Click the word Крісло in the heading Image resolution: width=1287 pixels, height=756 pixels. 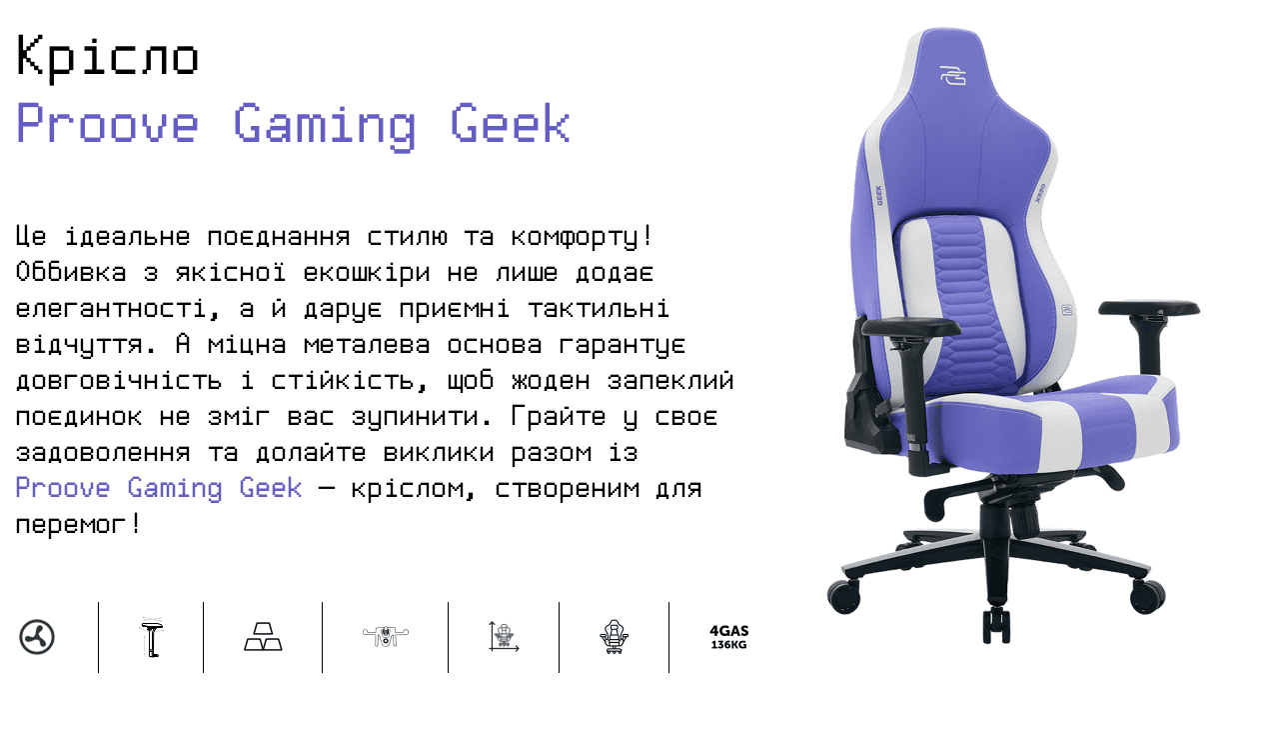108,57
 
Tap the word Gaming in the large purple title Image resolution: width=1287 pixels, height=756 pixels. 325,126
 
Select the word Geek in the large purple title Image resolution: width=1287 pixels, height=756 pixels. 511,123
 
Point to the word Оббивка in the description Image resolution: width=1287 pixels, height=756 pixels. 71,272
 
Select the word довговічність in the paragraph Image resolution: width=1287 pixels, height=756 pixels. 119,381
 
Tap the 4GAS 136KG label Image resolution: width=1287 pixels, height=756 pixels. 729,637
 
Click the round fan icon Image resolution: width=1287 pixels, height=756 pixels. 37,637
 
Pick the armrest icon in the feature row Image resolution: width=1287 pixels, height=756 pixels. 152,638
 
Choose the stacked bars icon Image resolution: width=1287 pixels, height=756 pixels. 263,637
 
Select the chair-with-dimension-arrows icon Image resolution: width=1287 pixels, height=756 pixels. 504,637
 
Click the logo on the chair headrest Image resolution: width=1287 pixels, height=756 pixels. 953,76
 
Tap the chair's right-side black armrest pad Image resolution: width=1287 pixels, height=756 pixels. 1149,309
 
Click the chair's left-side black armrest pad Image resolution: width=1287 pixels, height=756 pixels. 911,328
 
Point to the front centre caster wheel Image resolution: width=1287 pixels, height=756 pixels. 996,625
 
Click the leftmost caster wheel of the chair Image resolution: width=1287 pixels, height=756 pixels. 843,596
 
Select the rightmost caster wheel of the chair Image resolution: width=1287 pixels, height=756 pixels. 1147,596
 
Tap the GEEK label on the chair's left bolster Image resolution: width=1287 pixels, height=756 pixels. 879,195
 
